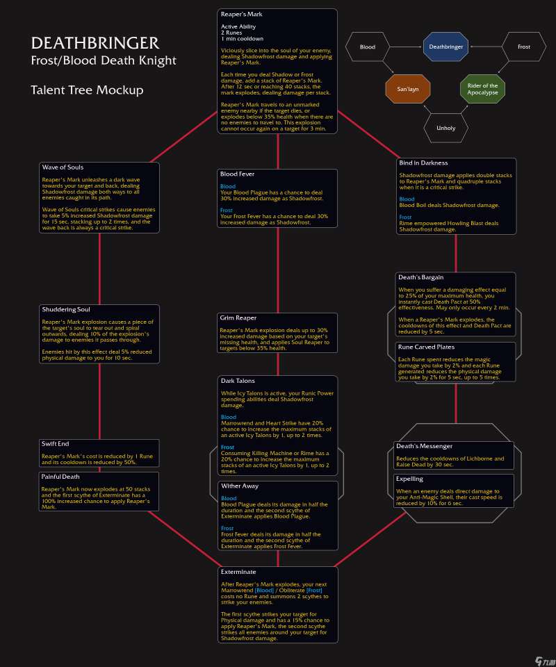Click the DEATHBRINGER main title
(95, 44)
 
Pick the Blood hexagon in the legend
(368, 47)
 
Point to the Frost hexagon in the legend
(524, 47)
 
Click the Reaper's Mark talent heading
(241, 14)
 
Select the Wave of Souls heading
(63, 167)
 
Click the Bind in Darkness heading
(423, 163)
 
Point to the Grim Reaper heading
(238, 318)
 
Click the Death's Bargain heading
(420, 277)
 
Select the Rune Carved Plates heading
(425, 347)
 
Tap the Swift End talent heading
(56, 443)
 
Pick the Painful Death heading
(60, 477)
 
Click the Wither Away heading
(239, 486)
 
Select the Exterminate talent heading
(238, 572)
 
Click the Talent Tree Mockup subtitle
(87, 90)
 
